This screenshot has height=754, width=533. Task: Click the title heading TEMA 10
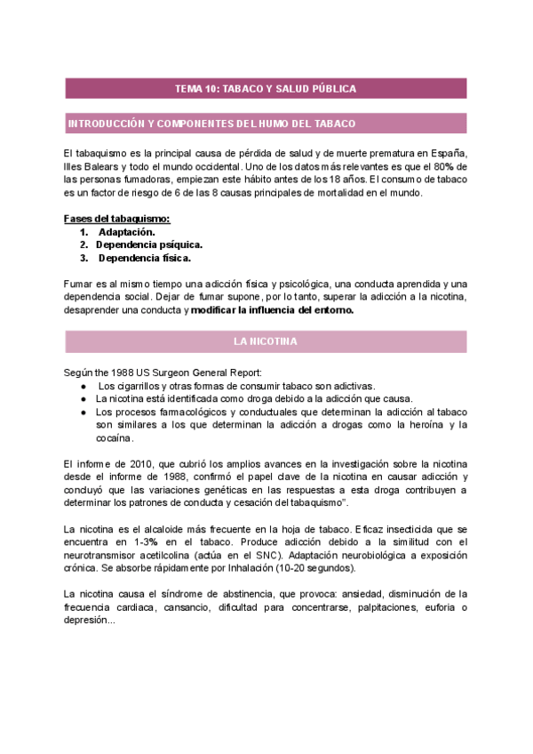pos(266,89)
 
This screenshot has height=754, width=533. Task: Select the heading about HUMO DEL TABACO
pos(211,124)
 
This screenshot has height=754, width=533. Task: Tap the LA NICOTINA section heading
pos(266,341)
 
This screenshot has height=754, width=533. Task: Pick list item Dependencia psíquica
pos(148,245)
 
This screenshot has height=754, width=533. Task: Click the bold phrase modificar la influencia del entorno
pos(273,310)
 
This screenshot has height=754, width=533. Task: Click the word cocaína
pos(115,438)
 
